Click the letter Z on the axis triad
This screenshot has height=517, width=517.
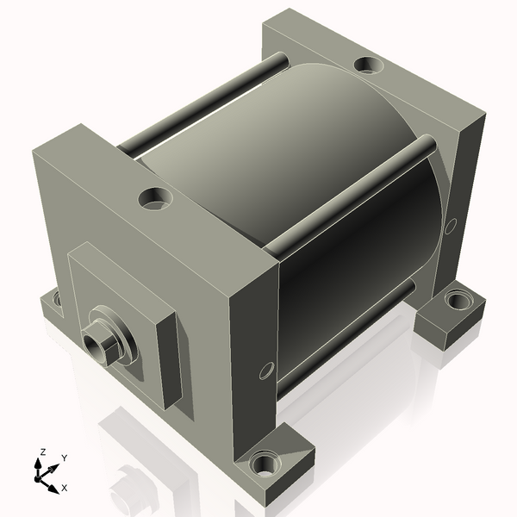(x=42, y=452)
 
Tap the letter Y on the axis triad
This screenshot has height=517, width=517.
(x=65, y=458)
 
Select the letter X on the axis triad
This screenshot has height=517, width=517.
(x=65, y=488)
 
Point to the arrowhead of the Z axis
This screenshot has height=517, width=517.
(x=38, y=464)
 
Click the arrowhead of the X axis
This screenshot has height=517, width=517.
(x=53, y=489)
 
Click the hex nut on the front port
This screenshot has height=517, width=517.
(x=100, y=346)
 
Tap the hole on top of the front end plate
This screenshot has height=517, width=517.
(x=156, y=199)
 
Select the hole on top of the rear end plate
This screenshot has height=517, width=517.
(x=369, y=65)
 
